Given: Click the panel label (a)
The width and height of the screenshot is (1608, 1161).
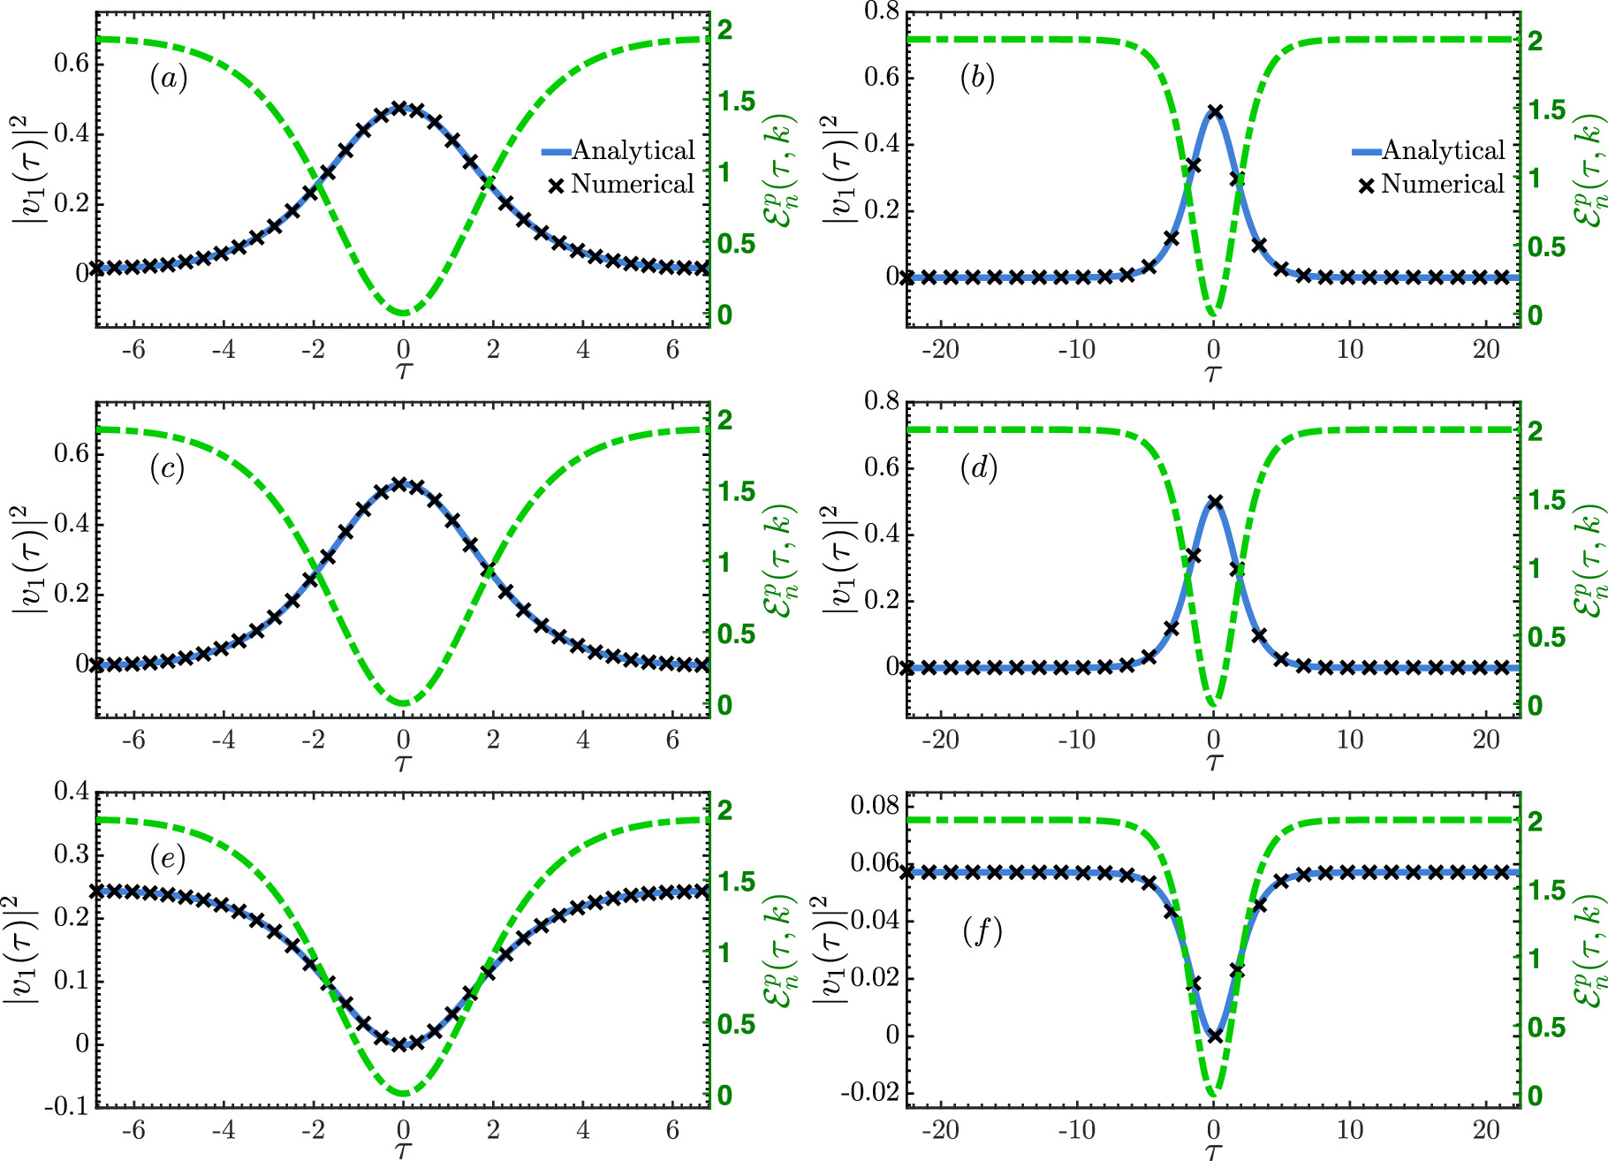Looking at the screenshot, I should [168, 80].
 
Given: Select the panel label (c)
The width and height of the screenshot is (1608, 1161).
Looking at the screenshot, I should [167, 469].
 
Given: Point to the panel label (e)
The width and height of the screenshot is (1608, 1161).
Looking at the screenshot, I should [167, 858].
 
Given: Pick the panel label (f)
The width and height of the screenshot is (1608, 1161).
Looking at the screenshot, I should [982, 931].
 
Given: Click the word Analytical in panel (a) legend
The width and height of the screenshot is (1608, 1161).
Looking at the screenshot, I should [633, 151].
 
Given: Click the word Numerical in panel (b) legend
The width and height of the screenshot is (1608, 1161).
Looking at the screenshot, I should [1443, 185].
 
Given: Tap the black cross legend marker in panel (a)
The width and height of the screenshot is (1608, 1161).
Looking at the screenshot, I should [556, 186].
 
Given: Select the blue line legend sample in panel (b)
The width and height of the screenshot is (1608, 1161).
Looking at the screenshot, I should [1366, 152].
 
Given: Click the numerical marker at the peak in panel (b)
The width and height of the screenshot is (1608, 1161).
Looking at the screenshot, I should [1215, 112].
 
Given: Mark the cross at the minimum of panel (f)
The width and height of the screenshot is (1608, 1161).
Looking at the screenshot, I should [1215, 1036].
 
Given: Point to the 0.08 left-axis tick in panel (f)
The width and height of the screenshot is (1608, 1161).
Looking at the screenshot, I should [875, 805].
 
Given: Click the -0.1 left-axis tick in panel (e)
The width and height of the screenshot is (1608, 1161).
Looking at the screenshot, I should [71, 1106].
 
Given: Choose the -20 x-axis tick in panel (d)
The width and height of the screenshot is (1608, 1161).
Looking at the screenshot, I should [940, 740].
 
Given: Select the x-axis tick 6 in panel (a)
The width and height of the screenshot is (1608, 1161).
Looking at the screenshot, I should [672, 350].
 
